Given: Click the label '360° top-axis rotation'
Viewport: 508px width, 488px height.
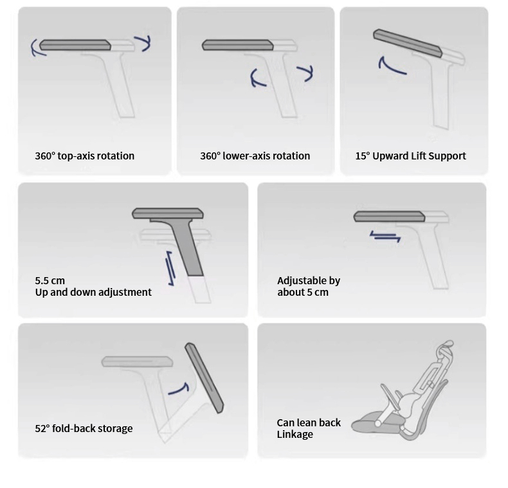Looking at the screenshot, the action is click(84, 156).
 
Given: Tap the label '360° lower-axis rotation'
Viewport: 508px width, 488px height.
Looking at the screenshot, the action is click(255, 156).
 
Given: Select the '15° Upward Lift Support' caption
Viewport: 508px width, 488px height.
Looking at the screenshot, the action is click(410, 156).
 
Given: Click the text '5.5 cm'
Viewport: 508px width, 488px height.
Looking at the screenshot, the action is click(50, 280).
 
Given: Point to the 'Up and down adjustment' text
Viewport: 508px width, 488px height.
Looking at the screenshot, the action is click(93, 293).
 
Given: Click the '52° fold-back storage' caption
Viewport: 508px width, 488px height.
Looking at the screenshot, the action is click(84, 428).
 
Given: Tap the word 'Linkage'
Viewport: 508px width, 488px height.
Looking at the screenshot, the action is click(295, 435).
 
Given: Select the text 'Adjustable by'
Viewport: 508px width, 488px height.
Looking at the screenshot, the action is click(309, 280).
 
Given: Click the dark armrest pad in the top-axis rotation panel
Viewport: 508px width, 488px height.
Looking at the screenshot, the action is click(75, 45).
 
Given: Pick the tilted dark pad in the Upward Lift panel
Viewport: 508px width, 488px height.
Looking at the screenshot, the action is click(408, 43).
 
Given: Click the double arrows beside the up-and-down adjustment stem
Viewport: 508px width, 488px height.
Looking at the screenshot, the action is click(170, 268).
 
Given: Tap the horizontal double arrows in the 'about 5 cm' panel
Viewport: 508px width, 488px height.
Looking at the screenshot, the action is click(386, 236).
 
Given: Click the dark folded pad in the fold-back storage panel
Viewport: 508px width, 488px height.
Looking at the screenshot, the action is click(204, 378).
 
